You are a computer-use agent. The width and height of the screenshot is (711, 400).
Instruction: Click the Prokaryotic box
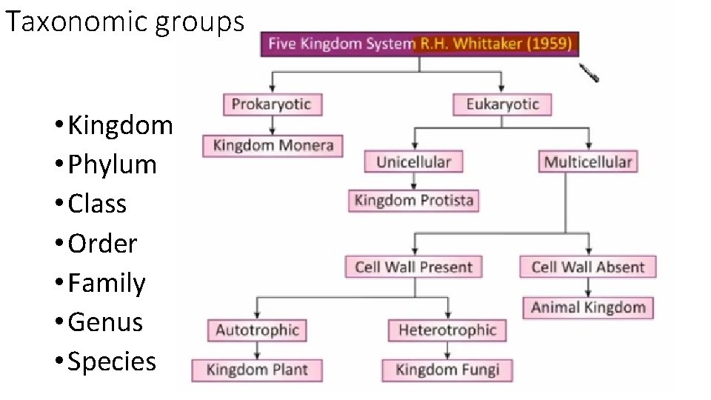pos(272,104)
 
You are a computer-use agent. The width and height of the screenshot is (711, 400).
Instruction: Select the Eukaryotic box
pos(503,104)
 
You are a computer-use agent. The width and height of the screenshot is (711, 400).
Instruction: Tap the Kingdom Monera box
pos(273,145)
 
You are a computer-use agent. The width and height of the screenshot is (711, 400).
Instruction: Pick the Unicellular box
pos(413,161)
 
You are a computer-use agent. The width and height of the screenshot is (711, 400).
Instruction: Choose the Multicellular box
pos(588,161)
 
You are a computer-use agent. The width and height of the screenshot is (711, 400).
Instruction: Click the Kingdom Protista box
pos(413,201)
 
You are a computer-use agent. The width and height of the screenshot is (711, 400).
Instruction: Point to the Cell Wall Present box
pos(413,267)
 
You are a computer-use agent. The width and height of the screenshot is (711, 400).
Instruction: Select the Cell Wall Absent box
pos(588,267)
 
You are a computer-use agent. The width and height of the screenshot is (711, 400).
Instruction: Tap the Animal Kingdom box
pos(588,307)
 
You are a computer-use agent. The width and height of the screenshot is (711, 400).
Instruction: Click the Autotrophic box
pos(257,330)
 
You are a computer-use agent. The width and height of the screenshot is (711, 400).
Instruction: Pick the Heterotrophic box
pos(447,330)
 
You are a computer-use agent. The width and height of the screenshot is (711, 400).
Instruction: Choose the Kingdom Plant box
pos(257,370)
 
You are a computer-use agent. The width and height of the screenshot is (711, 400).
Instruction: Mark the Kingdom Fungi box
pos(447,370)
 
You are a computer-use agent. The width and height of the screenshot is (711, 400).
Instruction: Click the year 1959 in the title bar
pos(551,44)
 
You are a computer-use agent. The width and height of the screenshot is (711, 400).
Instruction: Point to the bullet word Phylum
pos(112,164)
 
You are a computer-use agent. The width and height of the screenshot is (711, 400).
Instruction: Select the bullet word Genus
pos(105,322)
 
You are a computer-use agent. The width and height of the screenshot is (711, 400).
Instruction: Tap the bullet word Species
pos(112,361)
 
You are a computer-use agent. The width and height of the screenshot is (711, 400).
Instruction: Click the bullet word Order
pos(102,244)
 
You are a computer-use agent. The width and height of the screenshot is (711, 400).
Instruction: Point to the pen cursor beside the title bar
pos(589,73)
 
